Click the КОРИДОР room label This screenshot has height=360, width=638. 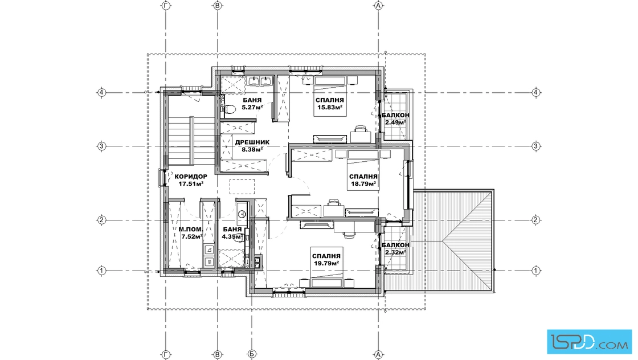[x=191, y=177]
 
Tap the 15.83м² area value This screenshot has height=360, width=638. [x=330, y=108]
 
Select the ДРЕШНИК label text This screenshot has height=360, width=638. [x=252, y=142]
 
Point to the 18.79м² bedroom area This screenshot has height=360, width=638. [x=363, y=184]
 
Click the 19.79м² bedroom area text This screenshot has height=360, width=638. [x=326, y=263]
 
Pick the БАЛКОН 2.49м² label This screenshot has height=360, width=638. [x=395, y=119]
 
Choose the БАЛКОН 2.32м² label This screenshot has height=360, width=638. [x=395, y=248]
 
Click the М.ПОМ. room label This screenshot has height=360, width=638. [x=191, y=230]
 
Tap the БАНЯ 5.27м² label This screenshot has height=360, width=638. [x=252, y=104]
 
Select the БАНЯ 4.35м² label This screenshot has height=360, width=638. [x=232, y=232]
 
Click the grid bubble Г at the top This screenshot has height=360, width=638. [x=166, y=5]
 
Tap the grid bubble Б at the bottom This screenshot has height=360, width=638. [x=252, y=355]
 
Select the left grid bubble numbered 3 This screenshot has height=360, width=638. [x=102, y=146]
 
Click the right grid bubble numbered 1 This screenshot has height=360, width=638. [x=536, y=271]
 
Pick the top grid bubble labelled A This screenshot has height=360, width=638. [x=378, y=5]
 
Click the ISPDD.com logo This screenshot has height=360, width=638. [x=589, y=342]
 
